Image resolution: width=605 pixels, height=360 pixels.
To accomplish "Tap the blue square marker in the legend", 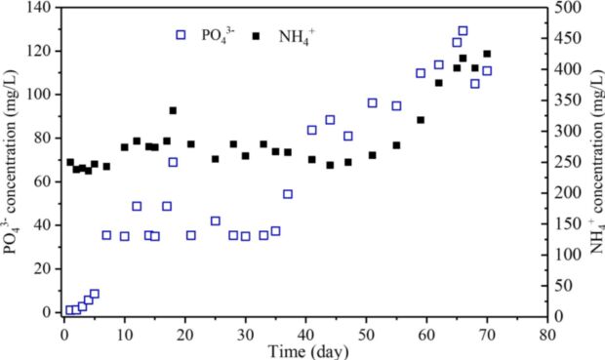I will pos(181,35).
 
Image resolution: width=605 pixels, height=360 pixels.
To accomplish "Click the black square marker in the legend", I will pos(257,35).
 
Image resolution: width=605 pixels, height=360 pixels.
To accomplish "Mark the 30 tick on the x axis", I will pos(245,333).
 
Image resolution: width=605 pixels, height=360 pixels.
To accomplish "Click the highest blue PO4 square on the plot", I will pos(463,31).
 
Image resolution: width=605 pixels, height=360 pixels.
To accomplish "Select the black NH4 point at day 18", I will pos(173,110).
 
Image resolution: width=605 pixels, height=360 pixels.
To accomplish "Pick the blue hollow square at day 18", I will pos(173,162).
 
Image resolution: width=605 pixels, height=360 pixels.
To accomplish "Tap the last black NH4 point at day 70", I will pos(487,54).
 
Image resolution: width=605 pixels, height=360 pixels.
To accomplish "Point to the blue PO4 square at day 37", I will pos(288,193).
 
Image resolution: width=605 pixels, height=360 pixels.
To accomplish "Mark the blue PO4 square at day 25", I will pos(216,220).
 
